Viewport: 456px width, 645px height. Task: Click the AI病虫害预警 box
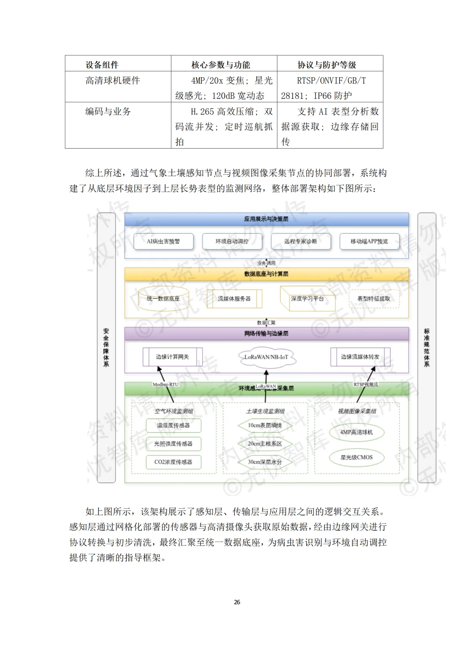point(163,241)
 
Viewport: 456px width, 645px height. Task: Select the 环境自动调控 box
point(232,241)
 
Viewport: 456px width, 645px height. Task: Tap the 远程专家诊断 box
point(300,241)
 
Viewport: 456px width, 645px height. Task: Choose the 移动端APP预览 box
point(369,241)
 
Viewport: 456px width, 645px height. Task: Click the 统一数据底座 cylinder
point(163,299)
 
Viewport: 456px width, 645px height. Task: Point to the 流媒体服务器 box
point(234,299)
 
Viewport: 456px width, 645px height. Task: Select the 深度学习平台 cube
point(307,299)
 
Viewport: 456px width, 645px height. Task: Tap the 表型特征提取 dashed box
point(374,299)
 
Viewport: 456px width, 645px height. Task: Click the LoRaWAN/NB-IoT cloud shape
point(266,357)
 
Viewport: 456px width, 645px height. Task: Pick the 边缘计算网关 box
point(172,357)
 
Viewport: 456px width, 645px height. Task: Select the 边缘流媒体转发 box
point(360,357)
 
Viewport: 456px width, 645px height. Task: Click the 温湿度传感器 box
point(173,425)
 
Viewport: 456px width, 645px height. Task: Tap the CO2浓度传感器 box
point(173,462)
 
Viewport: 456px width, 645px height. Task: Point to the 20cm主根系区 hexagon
point(265,444)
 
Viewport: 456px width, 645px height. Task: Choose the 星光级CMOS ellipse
point(356,457)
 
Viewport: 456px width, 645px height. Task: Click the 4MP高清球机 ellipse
point(356,432)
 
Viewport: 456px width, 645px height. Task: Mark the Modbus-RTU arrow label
point(166,385)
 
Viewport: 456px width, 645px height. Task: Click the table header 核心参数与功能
point(221,65)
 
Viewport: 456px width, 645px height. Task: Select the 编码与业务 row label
point(108,111)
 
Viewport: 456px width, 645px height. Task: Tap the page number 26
point(237,602)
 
